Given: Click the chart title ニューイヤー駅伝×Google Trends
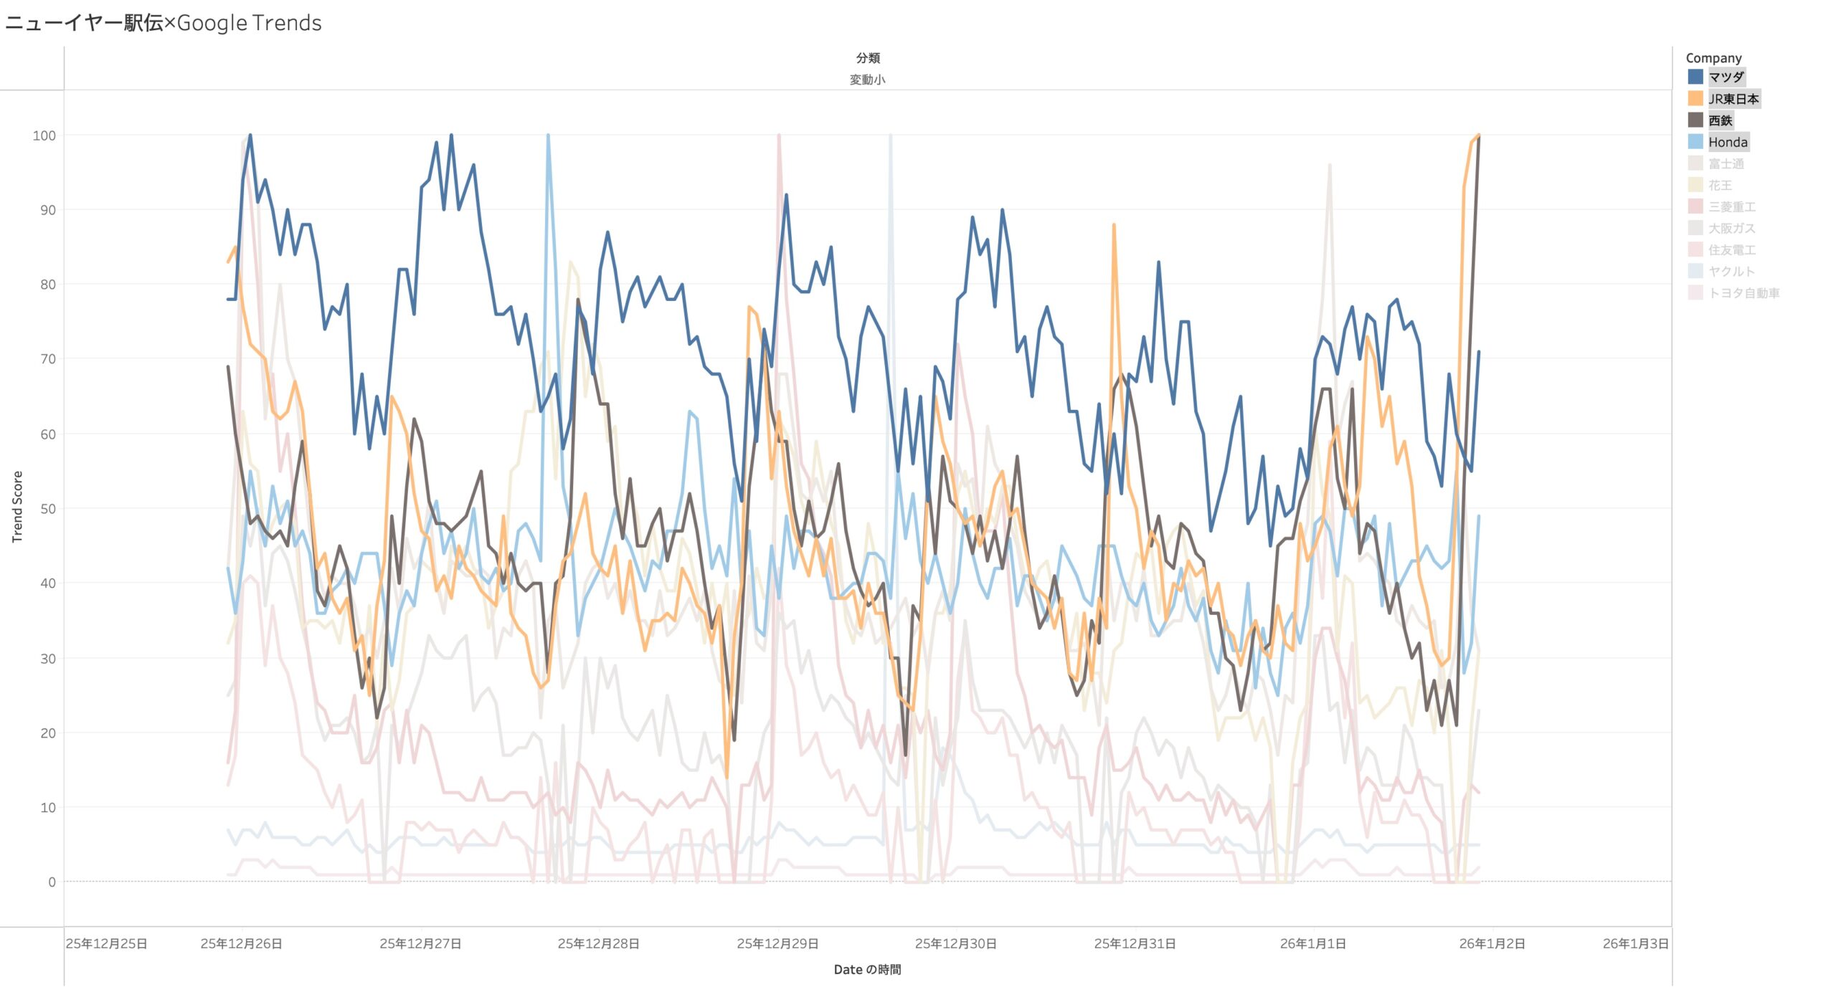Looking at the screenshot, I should click(x=164, y=23).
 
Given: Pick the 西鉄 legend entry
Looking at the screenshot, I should click(x=1720, y=120).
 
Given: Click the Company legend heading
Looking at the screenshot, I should click(x=1713, y=58).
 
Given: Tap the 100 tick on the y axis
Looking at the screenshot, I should click(x=44, y=135).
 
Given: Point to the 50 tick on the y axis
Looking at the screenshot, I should click(x=47, y=509).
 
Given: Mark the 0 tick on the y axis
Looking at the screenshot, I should click(x=52, y=882).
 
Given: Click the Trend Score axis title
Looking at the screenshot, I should click(x=17, y=506).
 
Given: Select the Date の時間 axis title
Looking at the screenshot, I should click(x=867, y=969).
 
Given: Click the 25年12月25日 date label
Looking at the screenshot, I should click(x=106, y=943).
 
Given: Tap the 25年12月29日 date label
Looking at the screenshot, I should click(x=777, y=943).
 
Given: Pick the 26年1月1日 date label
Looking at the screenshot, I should click(x=1312, y=943).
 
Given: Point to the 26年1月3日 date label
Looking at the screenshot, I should click(x=1635, y=943).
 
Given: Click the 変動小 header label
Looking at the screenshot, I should click(x=867, y=80).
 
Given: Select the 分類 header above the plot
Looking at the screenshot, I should click(x=867, y=58).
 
